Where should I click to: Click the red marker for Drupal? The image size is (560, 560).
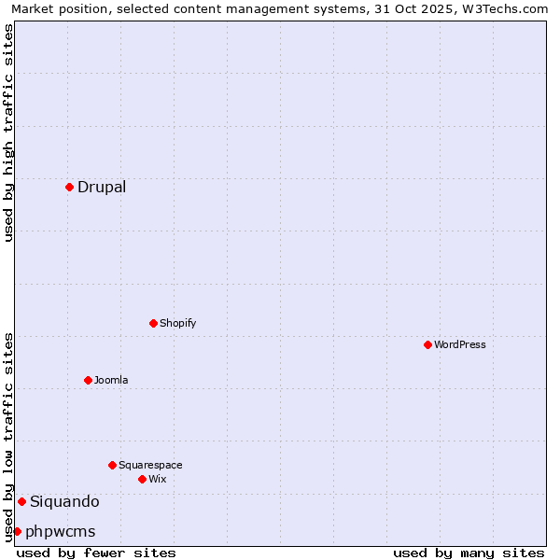[69, 187]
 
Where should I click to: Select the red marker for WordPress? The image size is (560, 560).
[427, 344]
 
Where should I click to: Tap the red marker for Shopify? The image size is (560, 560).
[153, 323]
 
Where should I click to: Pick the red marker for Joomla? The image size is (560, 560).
[88, 380]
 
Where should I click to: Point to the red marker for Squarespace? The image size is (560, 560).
[112, 465]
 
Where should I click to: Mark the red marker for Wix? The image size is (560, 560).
[142, 479]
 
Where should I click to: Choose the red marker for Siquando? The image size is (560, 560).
[21, 501]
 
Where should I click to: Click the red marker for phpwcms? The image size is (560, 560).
[17, 531]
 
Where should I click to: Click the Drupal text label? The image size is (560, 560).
[102, 187]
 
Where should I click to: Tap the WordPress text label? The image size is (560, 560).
[460, 344]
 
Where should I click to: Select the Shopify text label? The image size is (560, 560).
[177, 323]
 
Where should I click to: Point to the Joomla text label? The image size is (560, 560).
[111, 380]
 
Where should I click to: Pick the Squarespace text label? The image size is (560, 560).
[150, 465]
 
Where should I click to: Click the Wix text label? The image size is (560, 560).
[157, 479]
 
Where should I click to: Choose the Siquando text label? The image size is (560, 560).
[64, 501]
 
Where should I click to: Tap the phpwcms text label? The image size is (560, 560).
[61, 531]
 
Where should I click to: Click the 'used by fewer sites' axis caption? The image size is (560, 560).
[96, 553]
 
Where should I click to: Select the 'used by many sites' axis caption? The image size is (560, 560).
[469, 553]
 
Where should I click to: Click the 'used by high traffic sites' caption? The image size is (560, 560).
[8, 133]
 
